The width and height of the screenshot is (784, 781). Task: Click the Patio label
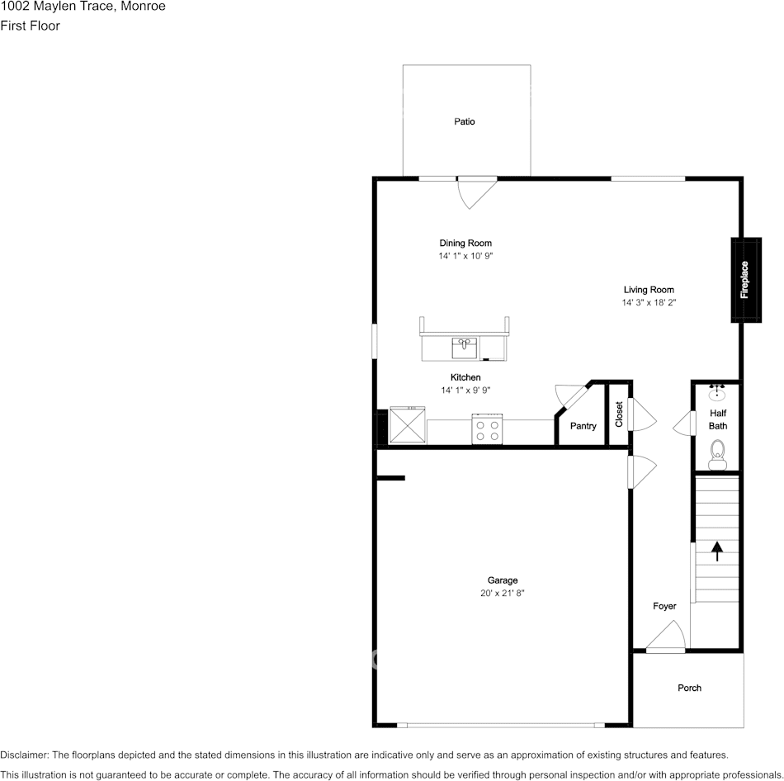pos(464,121)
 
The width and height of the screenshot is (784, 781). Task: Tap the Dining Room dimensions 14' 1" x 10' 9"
pos(465,256)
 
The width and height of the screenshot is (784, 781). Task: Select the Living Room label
pos(649,290)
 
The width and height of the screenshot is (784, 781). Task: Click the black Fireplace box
pos(746,280)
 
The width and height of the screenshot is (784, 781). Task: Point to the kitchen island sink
pos(465,348)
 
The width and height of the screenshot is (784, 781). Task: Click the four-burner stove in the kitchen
pos(487,429)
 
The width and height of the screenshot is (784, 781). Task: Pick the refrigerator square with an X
pos(408,425)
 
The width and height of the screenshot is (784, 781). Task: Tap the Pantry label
pos(583,426)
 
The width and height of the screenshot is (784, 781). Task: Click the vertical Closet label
pos(619,414)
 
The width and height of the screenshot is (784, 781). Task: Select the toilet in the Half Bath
pos(717,455)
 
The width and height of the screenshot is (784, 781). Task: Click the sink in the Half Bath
pos(717,392)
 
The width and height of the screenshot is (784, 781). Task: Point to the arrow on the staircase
pos(717,551)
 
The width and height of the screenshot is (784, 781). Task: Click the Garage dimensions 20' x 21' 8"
pos(502,594)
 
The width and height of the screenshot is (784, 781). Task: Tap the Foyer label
pos(664,606)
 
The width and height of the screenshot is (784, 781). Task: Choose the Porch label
pos(689,688)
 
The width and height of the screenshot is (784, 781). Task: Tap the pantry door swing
pos(569,394)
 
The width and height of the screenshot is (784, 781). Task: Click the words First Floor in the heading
pos(30,26)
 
